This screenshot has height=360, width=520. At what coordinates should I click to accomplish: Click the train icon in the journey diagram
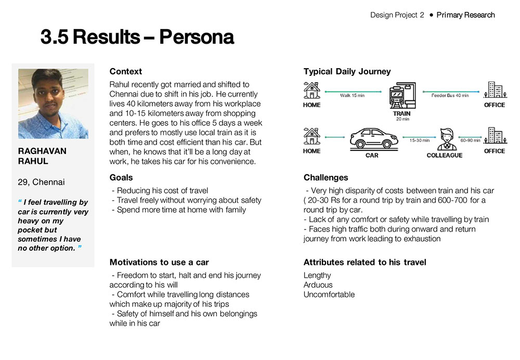tap(401, 96)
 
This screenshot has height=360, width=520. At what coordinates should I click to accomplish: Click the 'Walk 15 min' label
tap(353, 96)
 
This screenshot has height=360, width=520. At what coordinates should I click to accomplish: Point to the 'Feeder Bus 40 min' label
tap(450, 96)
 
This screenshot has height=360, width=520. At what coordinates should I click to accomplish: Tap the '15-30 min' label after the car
tap(419, 140)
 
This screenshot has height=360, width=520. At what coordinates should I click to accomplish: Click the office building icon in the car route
tap(494, 136)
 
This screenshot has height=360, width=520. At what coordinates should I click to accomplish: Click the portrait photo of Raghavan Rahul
tap(53, 104)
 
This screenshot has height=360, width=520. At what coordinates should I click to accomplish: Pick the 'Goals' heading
tap(121, 177)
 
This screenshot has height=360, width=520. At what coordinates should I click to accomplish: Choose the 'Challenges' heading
tap(326, 177)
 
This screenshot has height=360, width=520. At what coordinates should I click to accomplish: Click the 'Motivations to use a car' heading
tap(159, 262)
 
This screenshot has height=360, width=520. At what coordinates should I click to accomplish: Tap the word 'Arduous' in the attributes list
tap(318, 285)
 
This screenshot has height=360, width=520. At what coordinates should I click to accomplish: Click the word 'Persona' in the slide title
tap(196, 37)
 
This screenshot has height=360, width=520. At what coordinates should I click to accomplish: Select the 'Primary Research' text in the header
tap(465, 15)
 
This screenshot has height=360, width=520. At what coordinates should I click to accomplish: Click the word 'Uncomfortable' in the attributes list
tap(329, 294)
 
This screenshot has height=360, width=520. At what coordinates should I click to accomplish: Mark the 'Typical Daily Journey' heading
tap(347, 72)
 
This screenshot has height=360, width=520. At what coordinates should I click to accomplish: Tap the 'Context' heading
tap(125, 72)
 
